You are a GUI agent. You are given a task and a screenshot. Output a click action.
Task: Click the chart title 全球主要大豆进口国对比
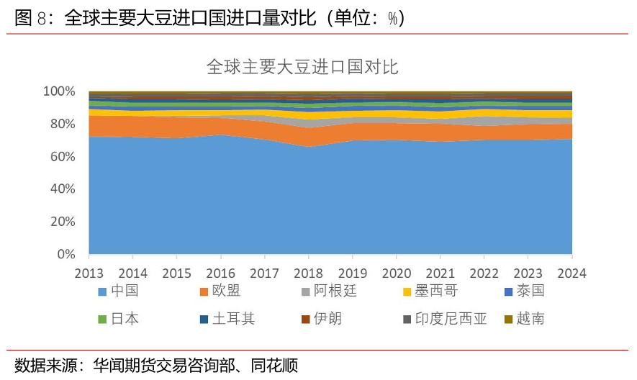click(x=302, y=68)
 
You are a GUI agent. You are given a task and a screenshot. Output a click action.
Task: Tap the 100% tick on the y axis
click(x=59, y=91)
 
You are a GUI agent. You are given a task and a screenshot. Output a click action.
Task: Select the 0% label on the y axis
click(x=65, y=254)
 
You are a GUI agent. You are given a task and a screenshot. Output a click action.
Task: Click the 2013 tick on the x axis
click(x=89, y=273)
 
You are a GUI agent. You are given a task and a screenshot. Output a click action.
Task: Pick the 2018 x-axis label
click(x=308, y=273)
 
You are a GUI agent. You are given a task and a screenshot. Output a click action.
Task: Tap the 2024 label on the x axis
click(x=572, y=273)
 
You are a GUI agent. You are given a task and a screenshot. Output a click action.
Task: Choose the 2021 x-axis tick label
click(x=440, y=273)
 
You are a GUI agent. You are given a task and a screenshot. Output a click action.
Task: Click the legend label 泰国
click(x=530, y=291)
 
